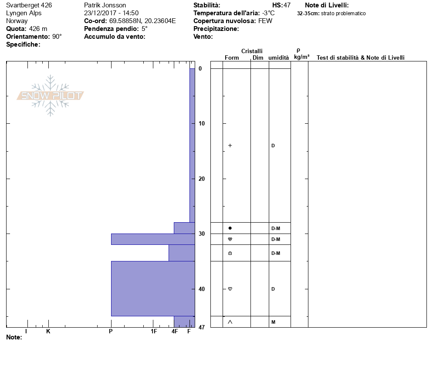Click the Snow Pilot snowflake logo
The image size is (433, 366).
click(50, 95)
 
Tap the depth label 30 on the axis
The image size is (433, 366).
click(202, 234)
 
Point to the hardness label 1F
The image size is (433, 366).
click(154, 331)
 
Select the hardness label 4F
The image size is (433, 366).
click(175, 331)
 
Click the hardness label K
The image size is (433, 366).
click(48, 331)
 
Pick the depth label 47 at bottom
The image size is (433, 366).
click(202, 327)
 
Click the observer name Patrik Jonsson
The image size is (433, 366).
click(105, 5)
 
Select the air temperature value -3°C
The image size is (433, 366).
click(268, 13)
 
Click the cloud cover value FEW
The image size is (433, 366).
click(265, 21)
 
